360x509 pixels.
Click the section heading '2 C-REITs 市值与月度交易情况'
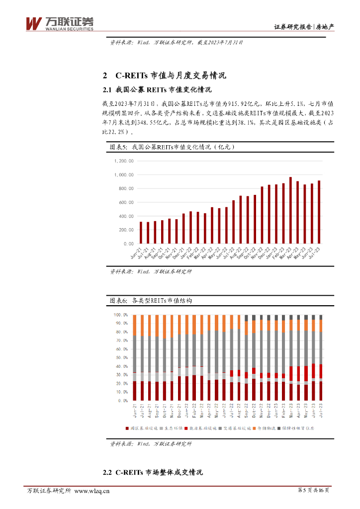[164, 76]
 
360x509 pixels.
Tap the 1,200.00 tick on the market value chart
[124, 161]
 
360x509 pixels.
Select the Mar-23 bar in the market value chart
[290, 210]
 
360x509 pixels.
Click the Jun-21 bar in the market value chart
[134, 233]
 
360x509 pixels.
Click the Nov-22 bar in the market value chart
[262, 215]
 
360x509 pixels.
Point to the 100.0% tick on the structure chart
[121, 315]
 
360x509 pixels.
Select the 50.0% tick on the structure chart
[121, 358]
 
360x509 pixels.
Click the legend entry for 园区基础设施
[142, 427]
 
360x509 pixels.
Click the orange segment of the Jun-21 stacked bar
[134, 325]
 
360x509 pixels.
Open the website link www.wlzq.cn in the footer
[91, 492]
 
